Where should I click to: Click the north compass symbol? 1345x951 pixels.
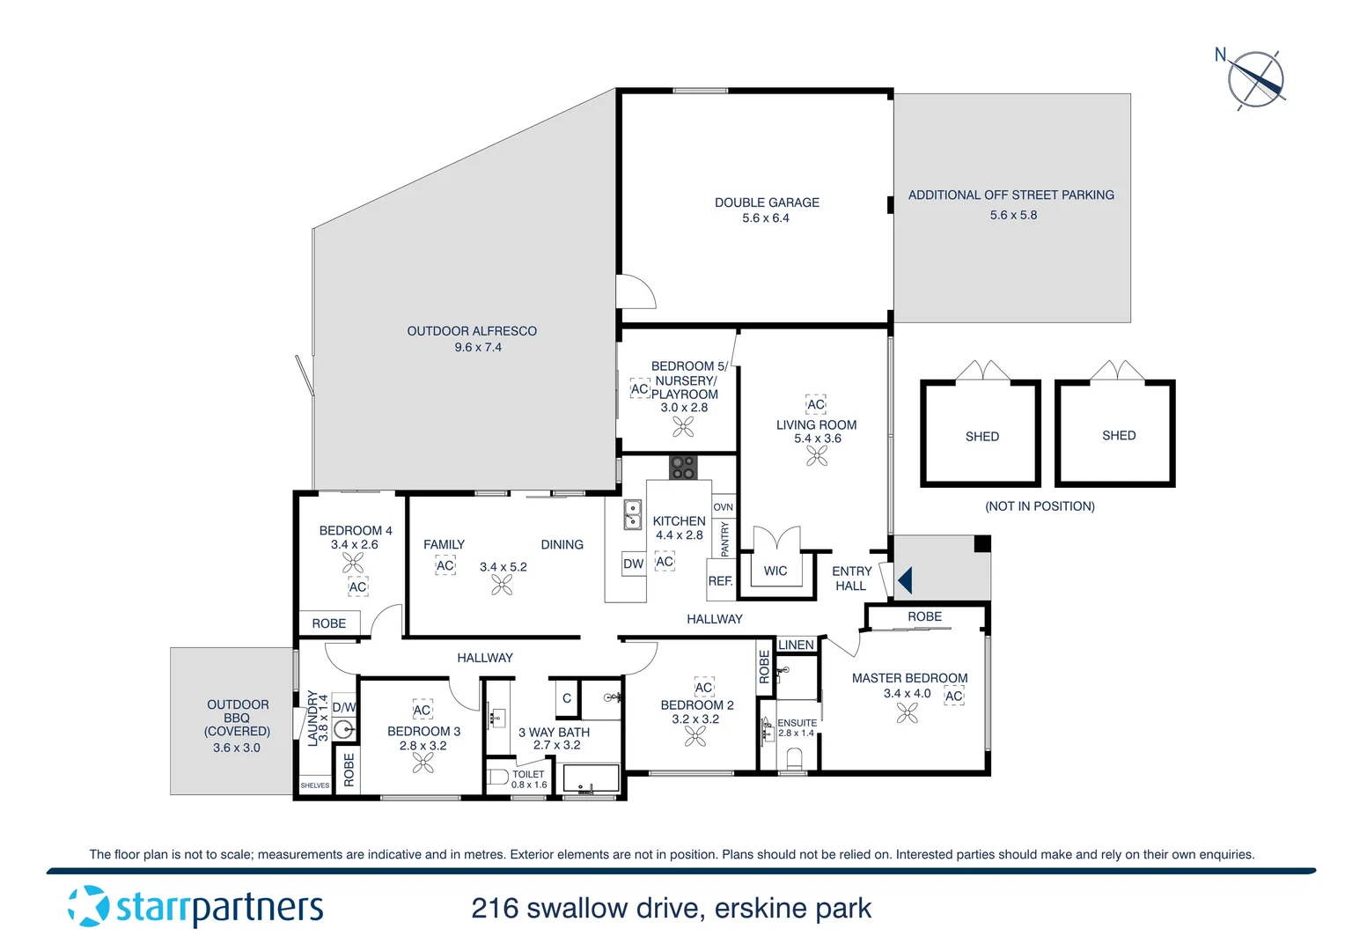click(1256, 79)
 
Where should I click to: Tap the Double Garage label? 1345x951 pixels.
click(767, 203)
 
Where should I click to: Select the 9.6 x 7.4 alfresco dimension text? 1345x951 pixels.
click(478, 348)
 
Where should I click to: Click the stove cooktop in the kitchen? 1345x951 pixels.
click(683, 467)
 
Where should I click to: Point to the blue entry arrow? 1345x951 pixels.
click(905, 580)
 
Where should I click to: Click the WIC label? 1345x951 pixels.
click(775, 571)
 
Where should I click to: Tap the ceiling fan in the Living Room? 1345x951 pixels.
click(817, 455)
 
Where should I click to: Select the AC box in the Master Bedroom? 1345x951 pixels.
click(954, 696)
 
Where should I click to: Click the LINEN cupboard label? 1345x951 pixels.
click(796, 645)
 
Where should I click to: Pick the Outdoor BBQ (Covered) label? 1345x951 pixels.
click(238, 718)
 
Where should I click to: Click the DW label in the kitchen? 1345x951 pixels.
click(633, 564)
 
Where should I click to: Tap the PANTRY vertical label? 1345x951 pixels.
click(725, 539)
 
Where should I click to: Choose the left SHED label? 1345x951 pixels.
click(982, 437)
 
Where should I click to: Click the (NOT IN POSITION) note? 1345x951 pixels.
click(1040, 506)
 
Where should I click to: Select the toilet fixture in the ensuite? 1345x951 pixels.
click(794, 759)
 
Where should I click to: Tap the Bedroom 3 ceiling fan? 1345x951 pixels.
click(423, 763)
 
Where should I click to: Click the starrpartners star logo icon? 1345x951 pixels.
click(88, 906)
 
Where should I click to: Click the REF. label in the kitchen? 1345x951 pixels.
click(720, 581)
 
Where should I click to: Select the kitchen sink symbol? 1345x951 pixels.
click(632, 515)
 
